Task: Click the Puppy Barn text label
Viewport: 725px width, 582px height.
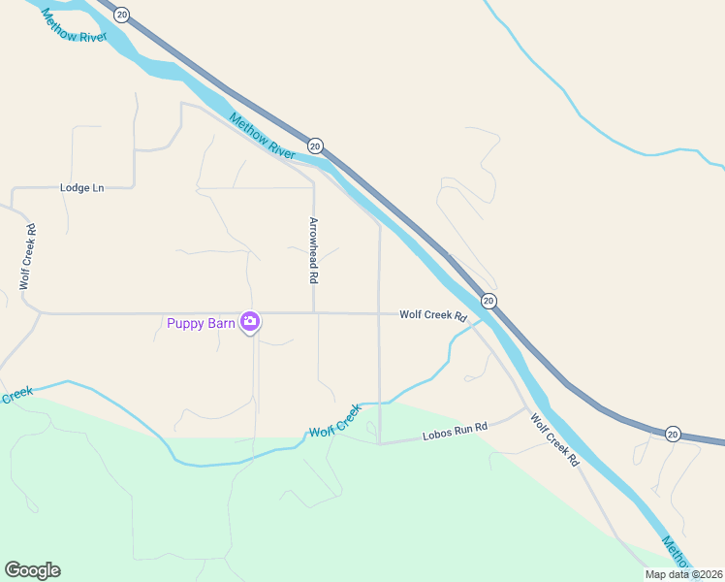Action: pyautogui.click(x=201, y=324)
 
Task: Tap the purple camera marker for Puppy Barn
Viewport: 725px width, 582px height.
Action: pyautogui.click(x=250, y=321)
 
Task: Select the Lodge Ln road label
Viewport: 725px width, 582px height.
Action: pyautogui.click(x=81, y=187)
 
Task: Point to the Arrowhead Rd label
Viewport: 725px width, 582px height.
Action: pyautogui.click(x=313, y=249)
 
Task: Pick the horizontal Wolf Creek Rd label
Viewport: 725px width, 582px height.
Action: pyautogui.click(x=433, y=315)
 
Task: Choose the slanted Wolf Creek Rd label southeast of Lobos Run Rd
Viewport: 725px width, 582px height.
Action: pyautogui.click(x=554, y=439)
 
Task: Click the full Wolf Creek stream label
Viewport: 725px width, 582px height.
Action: pyautogui.click(x=334, y=420)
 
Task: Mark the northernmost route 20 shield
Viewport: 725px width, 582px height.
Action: pyautogui.click(x=121, y=14)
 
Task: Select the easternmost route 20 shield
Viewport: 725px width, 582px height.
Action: pyautogui.click(x=674, y=434)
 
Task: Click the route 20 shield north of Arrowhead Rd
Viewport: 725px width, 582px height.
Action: pyautogui.click(x=316, y=145)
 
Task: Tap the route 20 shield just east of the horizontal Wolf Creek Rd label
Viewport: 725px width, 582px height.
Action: pyautogui.click(x=489, y=301)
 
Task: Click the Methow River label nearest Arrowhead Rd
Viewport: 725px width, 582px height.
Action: pyautogui.click(x=263, y=136)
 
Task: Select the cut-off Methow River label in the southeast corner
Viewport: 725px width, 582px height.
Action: pyautogui.click(x=677, y=552)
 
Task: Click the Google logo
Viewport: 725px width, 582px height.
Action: pyautogui.click(x=32, y=570)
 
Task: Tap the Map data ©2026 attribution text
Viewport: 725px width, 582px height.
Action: pyautogui.click(x=684, y=574)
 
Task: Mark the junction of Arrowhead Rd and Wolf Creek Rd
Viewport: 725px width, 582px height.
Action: pyautogui.click(x=314, y=313)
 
